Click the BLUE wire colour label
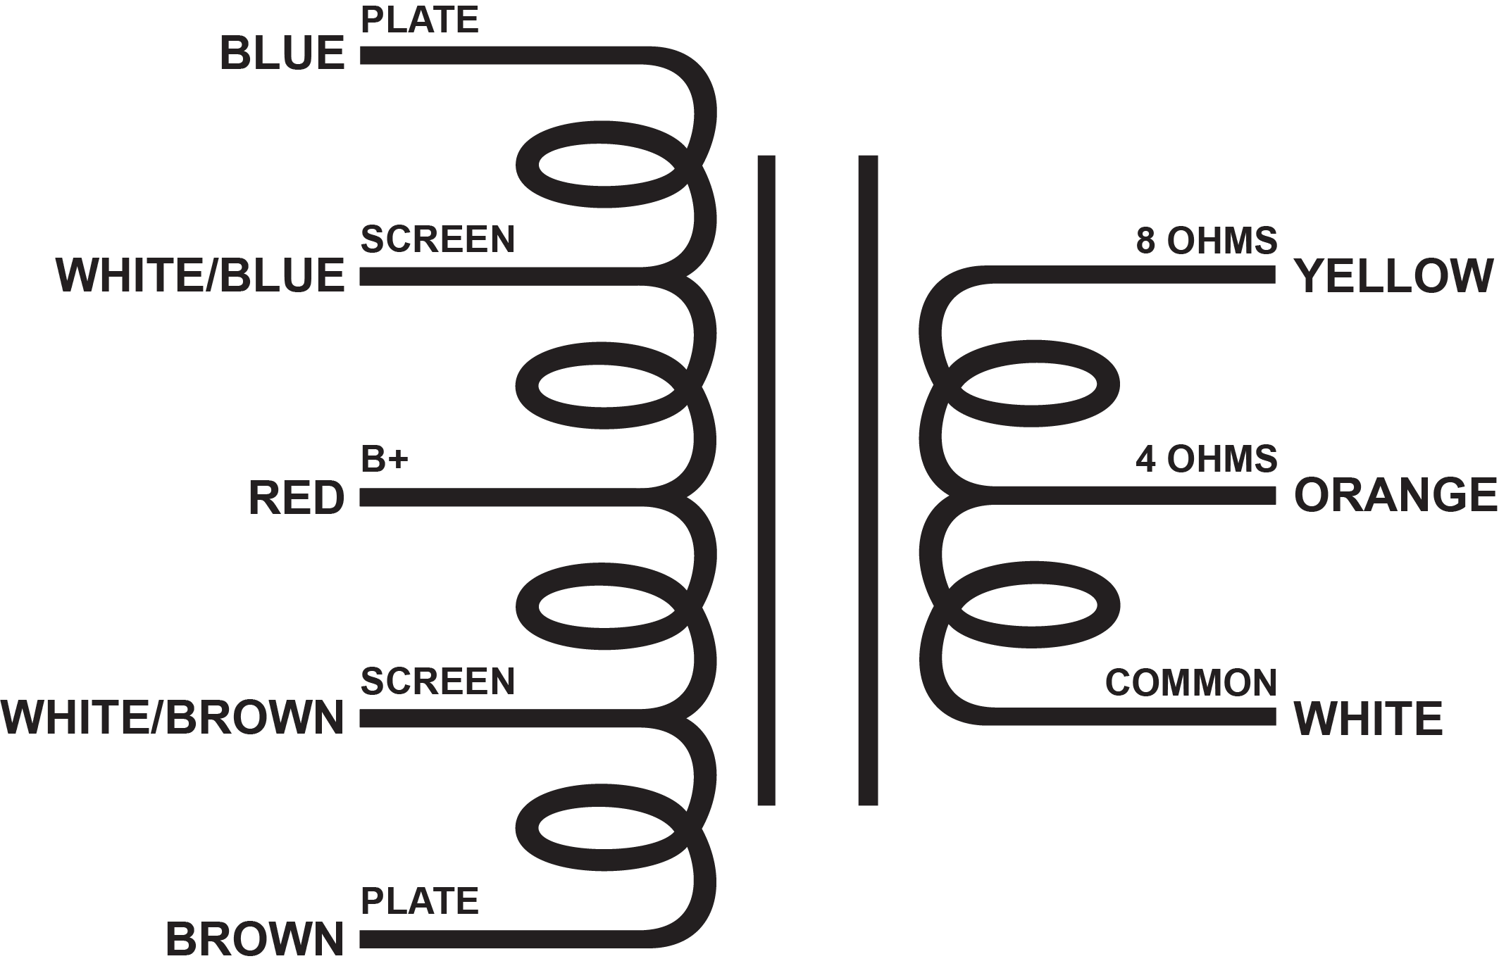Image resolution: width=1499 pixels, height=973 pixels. pyautogui.click(x=282, y=54)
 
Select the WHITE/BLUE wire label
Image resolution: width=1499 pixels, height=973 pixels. pyautogui.click(x=200, y=275)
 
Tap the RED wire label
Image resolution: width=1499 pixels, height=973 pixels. pyautogui.click(x=297, y=498)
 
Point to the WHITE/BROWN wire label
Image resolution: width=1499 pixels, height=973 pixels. pyautogui.click(x=173, y=718)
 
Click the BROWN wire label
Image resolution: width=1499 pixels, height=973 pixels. pyautogui.click(x=255, y=939)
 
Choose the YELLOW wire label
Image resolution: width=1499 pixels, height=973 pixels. pyautogui.click(x=1394, y=275)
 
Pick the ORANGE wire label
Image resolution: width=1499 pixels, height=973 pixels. pyautogui.click(x=1395, y=495)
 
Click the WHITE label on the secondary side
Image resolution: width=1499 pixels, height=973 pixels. pyautogui.click(x=1369, y=718)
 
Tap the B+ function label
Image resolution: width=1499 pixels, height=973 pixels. pyautogui.click(x=385, y=459)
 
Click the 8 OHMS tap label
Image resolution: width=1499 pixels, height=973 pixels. pyautogui.click(x=1206, y=241)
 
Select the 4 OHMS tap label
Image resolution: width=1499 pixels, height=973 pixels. pyautogui.click(x=1206, y=459)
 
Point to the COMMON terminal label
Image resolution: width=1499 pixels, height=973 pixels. pyautogui.click(x=1190, y=682)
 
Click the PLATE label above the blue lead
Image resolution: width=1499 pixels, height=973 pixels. pyautogui.click(x=420, y=20)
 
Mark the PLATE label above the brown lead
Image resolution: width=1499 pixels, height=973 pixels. pyautogui.click(x=420, y=901)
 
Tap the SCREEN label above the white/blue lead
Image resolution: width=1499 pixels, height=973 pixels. pyautogui.click(x=437, y=239)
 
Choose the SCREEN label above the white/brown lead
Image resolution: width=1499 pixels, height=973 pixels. pyautogui.click(x=437, y=681)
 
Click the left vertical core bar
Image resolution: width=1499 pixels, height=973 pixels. pyautogui.click(x=766, y=479)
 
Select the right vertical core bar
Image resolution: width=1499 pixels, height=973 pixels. pyautogui.click(x=868, y=479)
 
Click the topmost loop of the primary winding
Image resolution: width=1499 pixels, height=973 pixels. pyautogui.click(x=604, y=166)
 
